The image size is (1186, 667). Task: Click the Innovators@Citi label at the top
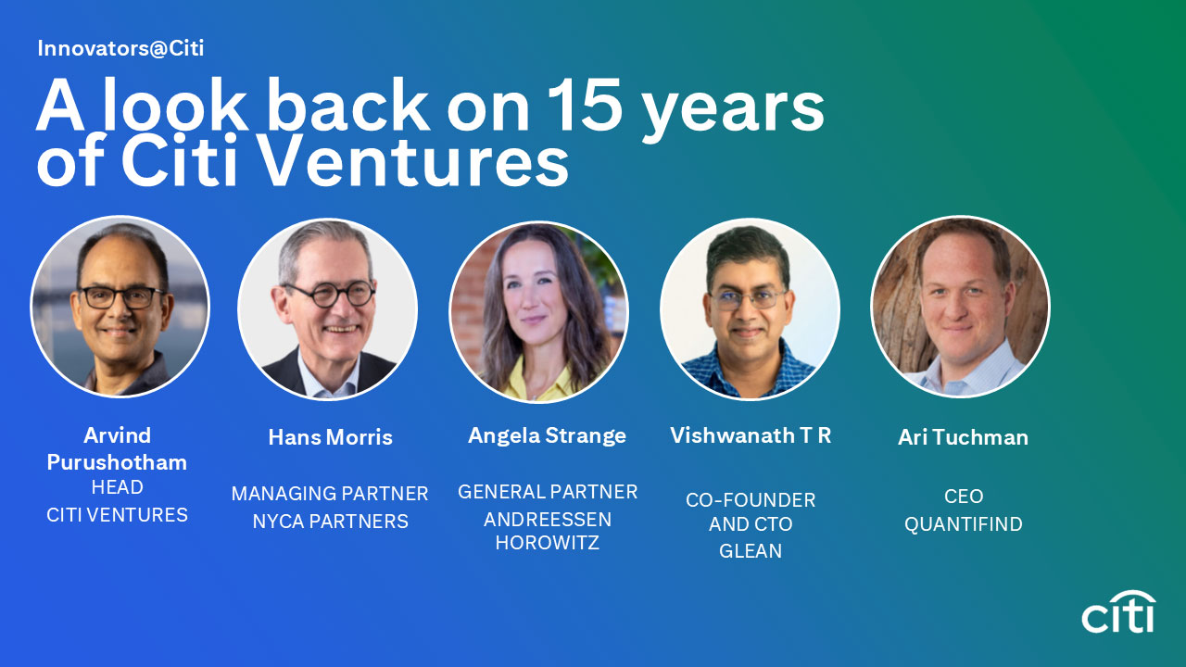120,48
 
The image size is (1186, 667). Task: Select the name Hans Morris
330,437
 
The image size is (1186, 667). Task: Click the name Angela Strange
547,435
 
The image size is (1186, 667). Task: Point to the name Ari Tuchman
963,437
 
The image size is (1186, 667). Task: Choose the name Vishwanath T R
751,435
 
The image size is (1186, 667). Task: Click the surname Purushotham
117,462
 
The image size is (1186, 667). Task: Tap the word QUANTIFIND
963,524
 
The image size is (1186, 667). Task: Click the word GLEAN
751,551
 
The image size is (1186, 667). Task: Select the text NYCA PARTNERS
330,522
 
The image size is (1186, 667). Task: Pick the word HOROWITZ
547,544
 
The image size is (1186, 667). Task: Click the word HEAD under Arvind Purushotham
117,487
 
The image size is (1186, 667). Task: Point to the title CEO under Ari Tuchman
963,497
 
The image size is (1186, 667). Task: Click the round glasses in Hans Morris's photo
329,294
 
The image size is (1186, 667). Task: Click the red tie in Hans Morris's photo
330,384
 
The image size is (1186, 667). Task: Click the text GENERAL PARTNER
547,492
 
